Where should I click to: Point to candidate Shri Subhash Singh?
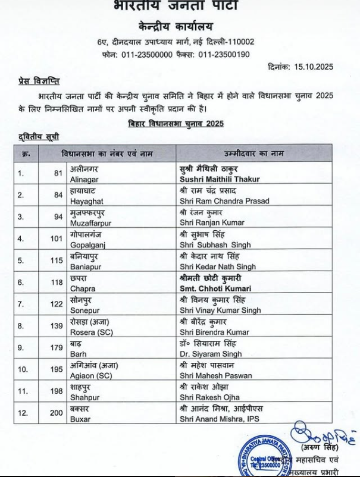(x=215, y=244)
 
